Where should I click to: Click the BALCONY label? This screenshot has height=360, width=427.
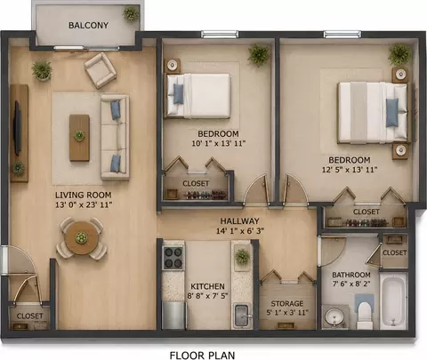(88, 25)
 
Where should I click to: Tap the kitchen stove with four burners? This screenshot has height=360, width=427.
(173, 258)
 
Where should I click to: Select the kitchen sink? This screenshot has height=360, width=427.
(242, 316)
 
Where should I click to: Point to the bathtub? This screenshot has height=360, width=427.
(393, 301)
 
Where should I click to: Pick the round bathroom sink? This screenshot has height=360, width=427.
(335, 317)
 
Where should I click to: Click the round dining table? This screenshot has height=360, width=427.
(81, 237)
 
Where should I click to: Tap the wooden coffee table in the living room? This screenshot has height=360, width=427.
(79, 138)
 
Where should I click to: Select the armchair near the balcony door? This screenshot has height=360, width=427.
(101, 70)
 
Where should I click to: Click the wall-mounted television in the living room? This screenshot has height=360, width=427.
(17, 128)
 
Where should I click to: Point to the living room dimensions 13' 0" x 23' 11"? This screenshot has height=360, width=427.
(84, 204)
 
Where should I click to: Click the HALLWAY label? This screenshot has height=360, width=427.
(239, 221)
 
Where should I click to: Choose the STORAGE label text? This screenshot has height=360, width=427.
(287, 304)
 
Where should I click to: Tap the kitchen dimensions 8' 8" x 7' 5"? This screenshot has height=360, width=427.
(207, 296)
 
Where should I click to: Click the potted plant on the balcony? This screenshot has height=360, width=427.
(131, 13)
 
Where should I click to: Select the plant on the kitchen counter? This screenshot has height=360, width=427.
(242, 257)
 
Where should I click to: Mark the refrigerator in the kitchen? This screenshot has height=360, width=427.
(173, 315)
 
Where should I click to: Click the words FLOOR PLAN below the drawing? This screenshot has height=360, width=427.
(202, 355)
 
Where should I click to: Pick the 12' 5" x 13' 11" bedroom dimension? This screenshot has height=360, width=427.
(350, 170)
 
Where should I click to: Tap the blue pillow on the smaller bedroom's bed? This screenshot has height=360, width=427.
(179, 93)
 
